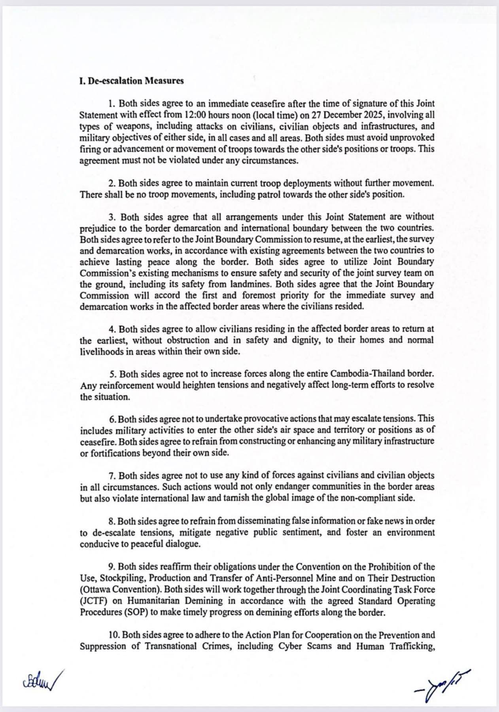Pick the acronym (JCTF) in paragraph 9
click(95, 601)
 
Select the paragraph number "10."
click(114, 635)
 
